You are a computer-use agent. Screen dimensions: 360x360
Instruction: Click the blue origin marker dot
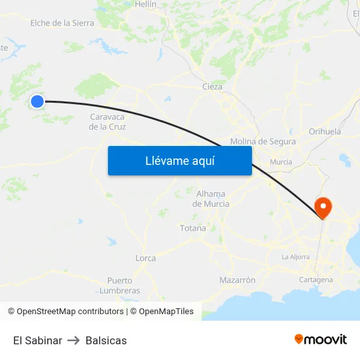click(x=37, y=101)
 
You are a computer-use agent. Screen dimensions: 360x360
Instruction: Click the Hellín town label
click(x=145, y=4)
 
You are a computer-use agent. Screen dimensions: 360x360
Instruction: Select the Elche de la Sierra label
click(x=62, y=23)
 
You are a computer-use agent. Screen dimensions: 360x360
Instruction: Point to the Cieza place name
click(x=212, y=86)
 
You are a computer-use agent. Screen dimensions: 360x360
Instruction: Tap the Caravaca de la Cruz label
click(x=107, y=122)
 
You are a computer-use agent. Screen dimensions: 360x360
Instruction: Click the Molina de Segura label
click(x=263, y=141)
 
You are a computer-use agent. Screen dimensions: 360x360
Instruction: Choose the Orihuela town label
click(x=325, y=132)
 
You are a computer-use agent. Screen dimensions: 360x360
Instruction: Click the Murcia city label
click(x=281, y=162)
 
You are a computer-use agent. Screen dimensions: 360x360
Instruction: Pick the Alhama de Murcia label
click(x=211, y=198)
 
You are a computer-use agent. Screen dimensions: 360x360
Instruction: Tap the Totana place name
click(x=193, y=228)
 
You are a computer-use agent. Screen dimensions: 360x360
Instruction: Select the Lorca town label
click(x=145, y=258)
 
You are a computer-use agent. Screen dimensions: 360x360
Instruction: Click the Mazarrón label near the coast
click(x=238, y=279)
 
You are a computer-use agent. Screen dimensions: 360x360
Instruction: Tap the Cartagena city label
click(x=315, y=279)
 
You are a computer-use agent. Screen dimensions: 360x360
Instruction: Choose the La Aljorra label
click(x=295, y=257)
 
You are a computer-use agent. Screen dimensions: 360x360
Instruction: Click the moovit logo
click(x=321, y=340)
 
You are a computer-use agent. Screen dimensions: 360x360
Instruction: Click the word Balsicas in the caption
click(x=106, y=340)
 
